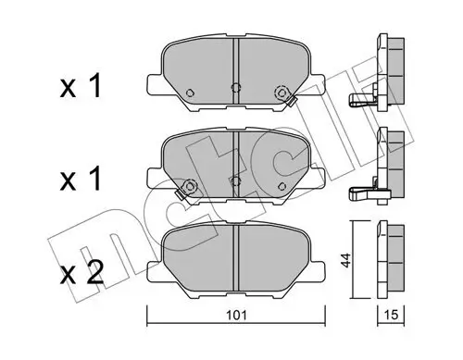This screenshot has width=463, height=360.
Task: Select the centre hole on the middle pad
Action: (x=235, y=180)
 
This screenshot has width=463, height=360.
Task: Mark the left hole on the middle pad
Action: (x=190, y=186)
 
